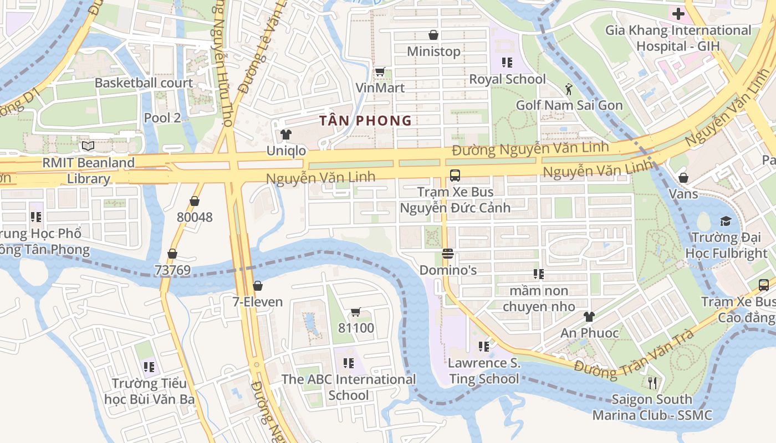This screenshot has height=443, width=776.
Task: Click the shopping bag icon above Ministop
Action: pyautogui.click(x=433, y=35)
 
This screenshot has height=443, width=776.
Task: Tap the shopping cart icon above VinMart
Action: pyautogui.click(x=380, y=71)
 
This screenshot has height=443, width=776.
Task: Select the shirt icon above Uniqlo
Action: pyautogui.click(x=285, y=135)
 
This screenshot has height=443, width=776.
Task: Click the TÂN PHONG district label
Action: pyautogui.click(x=365, y=120)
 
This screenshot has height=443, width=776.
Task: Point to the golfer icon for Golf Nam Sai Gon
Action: pyautogui.click(x=569, y=89)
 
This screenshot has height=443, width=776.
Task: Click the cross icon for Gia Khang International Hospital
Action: pyautogui.click(x=678, y=14)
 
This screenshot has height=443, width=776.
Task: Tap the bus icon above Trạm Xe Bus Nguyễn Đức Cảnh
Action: pyautogui.click(x=455, y=176)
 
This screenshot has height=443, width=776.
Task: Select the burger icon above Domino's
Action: pyautogui.click(x=448, y=254)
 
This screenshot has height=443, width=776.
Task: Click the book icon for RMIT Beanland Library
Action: pyautogui.click(x=88, y=146)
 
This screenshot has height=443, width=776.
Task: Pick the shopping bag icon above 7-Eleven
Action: pyautogui.click(x=257, y=286)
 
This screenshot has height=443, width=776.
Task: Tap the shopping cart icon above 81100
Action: pyautogui.click(x=356, y=312)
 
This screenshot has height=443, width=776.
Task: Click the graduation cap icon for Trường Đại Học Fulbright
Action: pyautogui.click(x=726, y=221)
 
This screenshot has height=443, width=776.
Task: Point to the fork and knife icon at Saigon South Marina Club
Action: pyautogui.click(x=652, y=383)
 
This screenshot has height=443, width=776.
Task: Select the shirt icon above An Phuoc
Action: pyautogui.click(x=589, y=317)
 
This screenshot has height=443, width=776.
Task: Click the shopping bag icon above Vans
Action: pyautogui.click(x=683, y=177)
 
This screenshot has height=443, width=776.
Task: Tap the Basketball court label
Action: pyautogui.click(x=144, y=83)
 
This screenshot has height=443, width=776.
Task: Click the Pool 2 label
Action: pyautogui.click(x=162, y=117)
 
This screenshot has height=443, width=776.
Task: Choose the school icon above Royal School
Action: pyautogui.click(x=507, y=63)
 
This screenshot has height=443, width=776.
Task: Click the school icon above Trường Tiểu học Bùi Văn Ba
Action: pyautogui.click(x=149, y=367)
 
